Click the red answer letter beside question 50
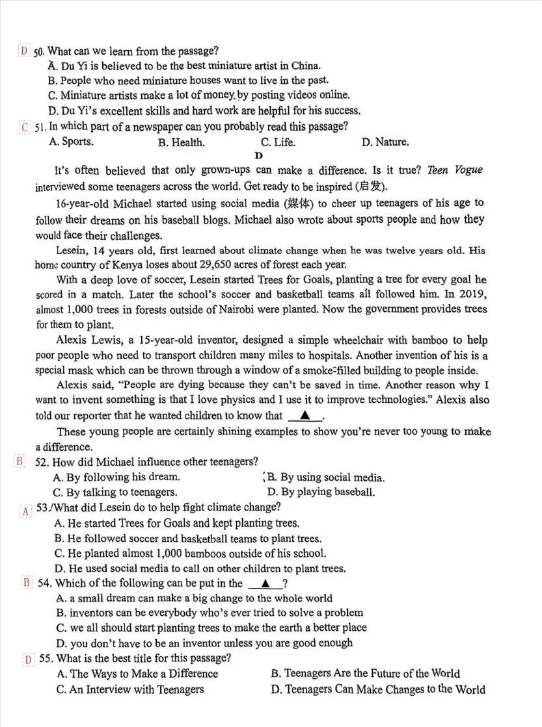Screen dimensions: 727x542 (x=24, y=51)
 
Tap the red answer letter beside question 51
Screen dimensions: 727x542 (x=25, y=127)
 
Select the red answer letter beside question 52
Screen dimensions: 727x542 (x=20, y=462)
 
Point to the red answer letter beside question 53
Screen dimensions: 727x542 (x=26, y=511)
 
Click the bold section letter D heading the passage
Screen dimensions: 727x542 (x=258, y=155)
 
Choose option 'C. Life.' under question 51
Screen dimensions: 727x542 (x=278, y=142)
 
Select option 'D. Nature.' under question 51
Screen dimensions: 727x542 (x=385, y=142)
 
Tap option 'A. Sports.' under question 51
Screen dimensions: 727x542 (x=71, y=142)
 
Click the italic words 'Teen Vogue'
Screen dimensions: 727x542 (x=455, y=170)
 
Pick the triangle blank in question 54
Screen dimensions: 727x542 (x=265, y=583)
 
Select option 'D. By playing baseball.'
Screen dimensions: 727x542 (x=321, y=492)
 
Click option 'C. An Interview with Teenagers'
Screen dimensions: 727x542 (x=130, y=689)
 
